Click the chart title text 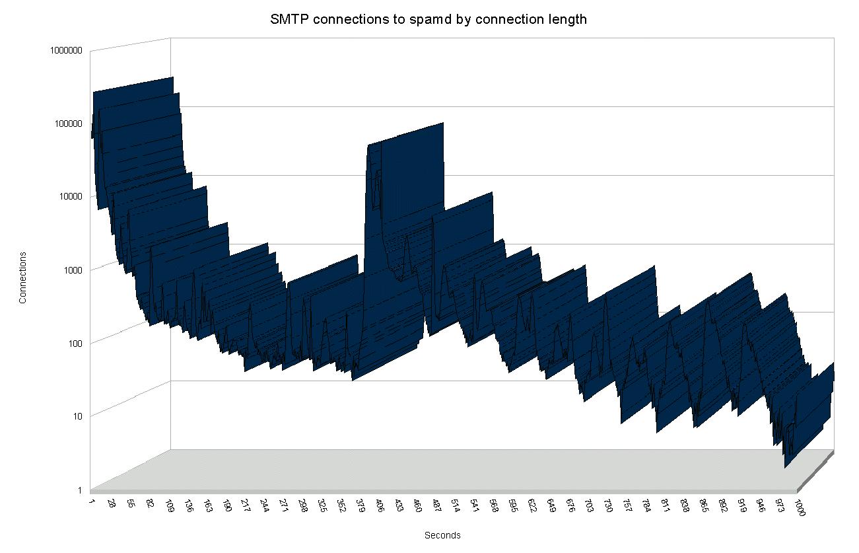click(429, 19)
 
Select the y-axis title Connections click(23, 277)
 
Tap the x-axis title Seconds click(442, 535)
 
